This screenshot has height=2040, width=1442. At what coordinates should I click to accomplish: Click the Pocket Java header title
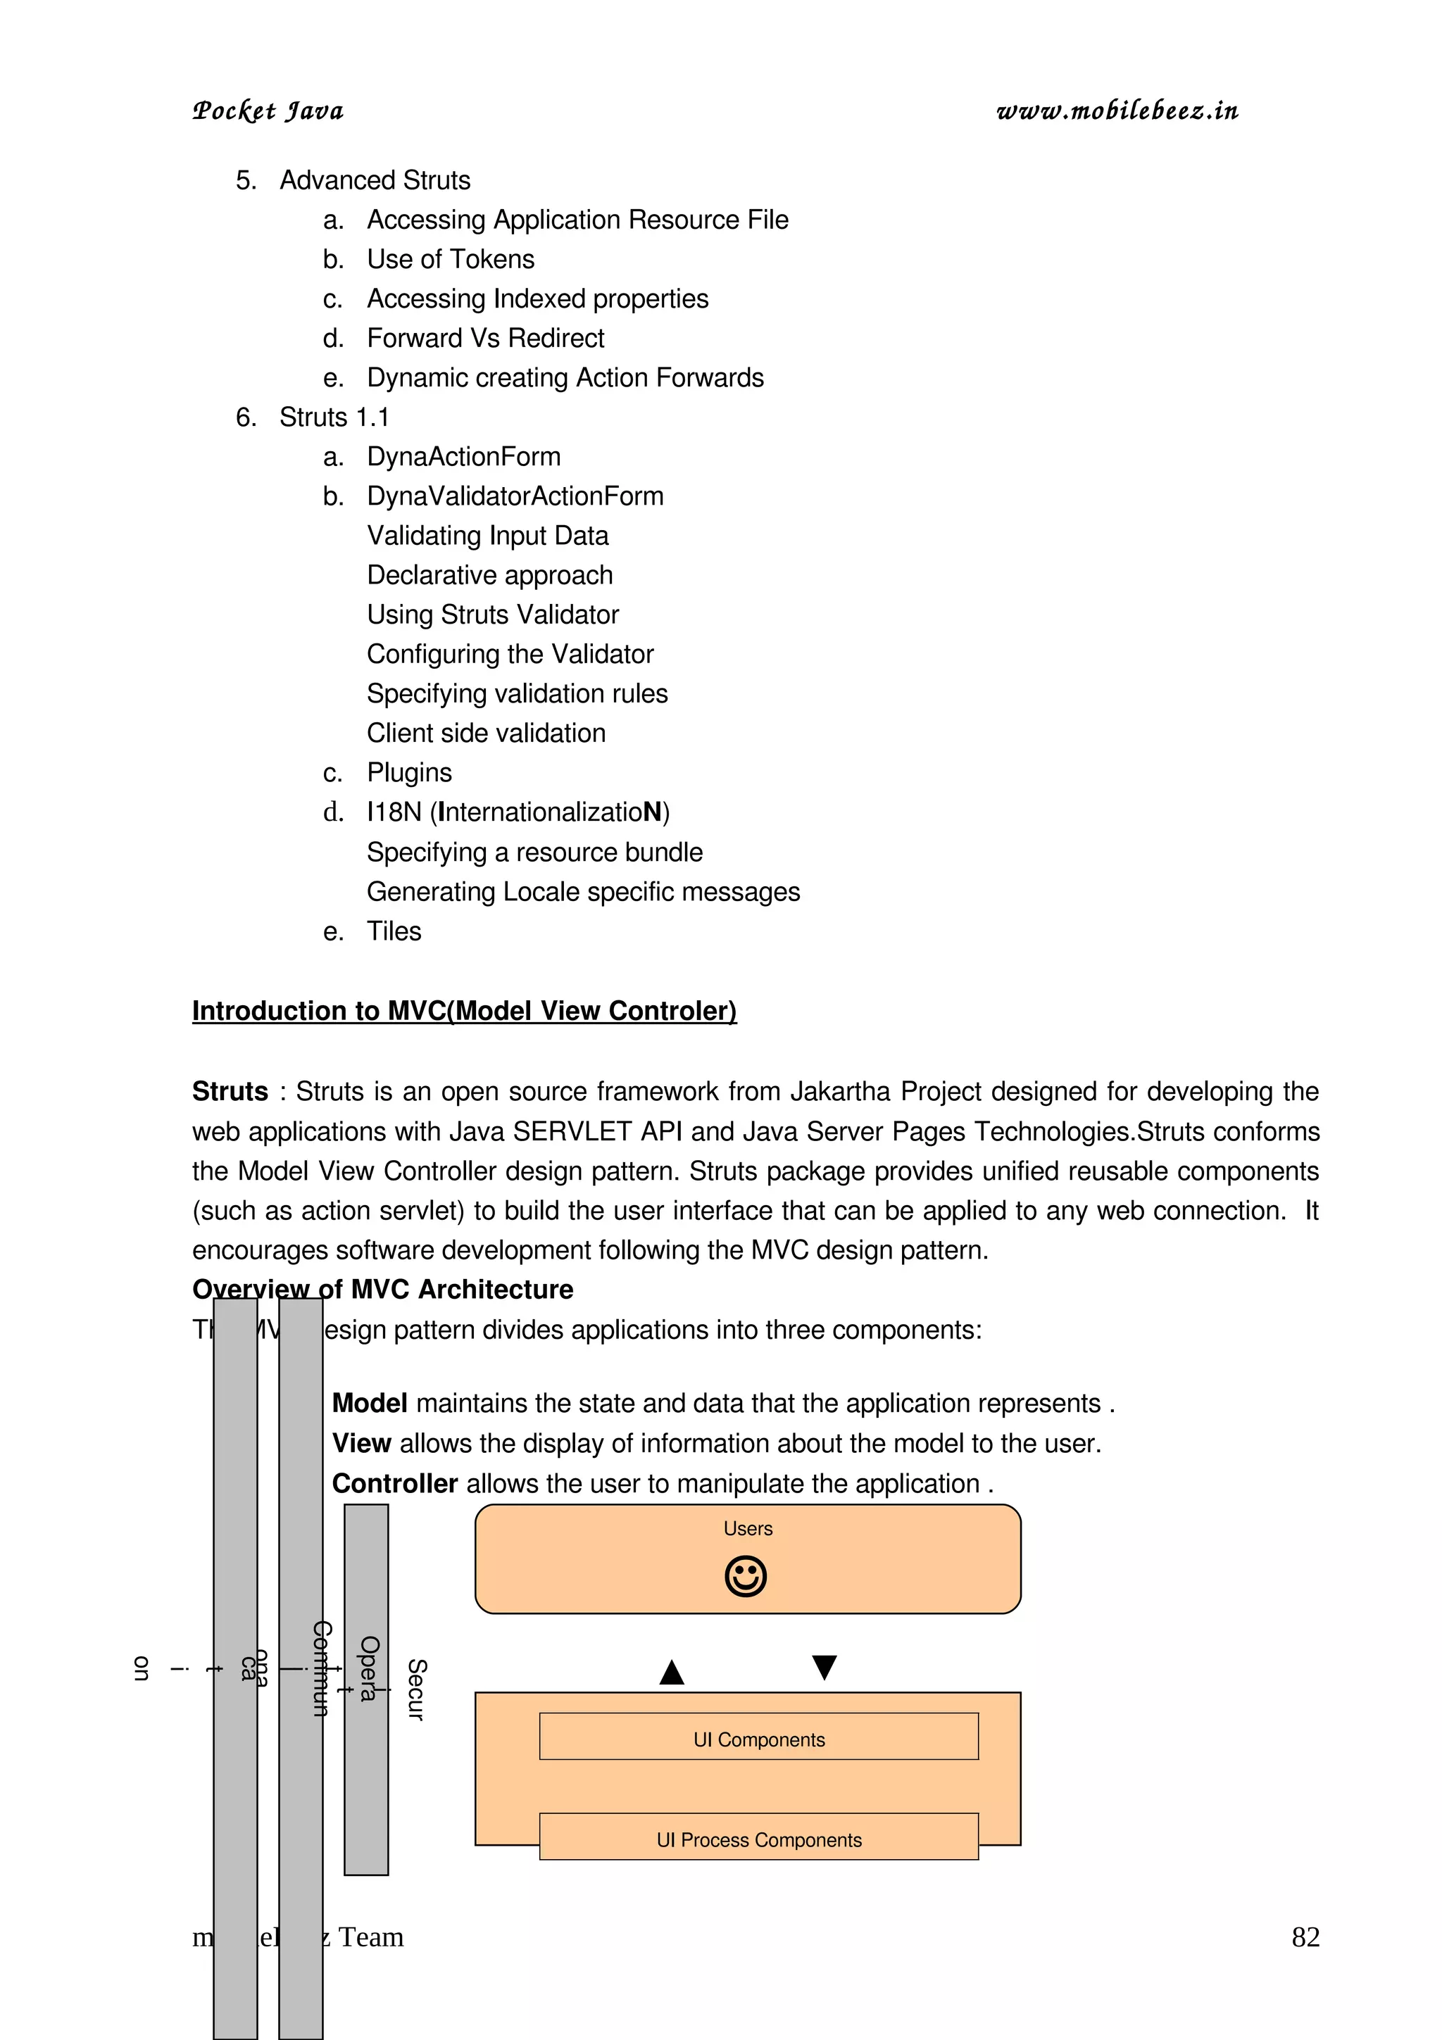(x=268, y=111)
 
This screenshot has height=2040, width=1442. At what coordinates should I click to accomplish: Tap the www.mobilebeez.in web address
(x=1117, y=111)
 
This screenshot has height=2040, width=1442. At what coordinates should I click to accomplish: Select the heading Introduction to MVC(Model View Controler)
(x=464, y=1011)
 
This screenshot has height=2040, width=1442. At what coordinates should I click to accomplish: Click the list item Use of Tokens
(x=451, y=260)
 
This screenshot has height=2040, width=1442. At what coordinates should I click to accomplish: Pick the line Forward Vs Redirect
(x=485, y=339)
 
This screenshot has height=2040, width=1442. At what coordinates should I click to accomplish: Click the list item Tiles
(x=394, y=931)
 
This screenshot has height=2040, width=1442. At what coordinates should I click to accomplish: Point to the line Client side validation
(x=486, y=733)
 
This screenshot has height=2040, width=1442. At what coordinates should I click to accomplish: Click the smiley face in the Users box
(x=746, y=1576)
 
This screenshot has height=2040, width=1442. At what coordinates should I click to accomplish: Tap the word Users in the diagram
(x=747, y=1528)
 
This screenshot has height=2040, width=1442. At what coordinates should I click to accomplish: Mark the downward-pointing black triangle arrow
(x=825, y=1667)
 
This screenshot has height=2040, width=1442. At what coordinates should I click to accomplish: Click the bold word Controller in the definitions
(x=394, y=1483)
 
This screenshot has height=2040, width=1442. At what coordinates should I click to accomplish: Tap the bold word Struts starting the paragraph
(x=230, y=1091)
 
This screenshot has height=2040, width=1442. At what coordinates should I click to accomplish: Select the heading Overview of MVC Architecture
(x=382, y=1289)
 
